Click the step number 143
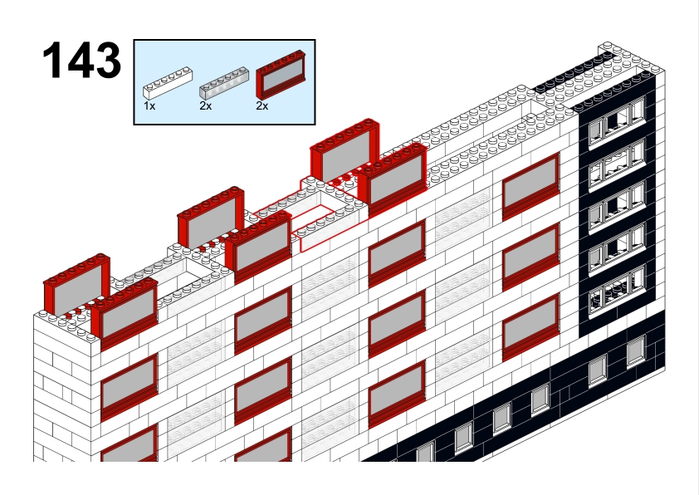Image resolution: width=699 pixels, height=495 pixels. point(81,60)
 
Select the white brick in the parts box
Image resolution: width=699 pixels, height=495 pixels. point(168,83)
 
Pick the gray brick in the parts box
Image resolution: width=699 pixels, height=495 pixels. point(224,83)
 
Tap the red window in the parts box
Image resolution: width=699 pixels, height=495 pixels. point(281,75)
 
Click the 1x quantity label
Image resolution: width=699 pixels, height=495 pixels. point(149,106)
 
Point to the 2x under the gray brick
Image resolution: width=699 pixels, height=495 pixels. point(206,106)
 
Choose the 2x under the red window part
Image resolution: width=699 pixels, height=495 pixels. point(262,106)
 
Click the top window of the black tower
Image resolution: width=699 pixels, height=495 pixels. point(617,119)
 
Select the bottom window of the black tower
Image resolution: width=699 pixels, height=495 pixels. point(617,290)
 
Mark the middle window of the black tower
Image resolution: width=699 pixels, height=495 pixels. point(617,206)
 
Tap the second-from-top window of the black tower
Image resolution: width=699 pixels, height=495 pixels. point(617,163)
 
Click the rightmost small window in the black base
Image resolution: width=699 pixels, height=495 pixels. point(636,351)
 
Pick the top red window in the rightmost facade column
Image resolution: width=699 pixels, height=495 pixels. point(530,186)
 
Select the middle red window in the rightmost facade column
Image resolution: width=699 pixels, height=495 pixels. point(530,257)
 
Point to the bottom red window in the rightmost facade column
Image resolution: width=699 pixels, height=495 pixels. point(530,327)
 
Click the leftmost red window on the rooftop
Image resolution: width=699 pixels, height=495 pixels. point(76,286)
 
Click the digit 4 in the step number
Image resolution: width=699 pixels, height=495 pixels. point(81,60)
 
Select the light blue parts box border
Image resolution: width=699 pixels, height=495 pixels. point(225,40)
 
